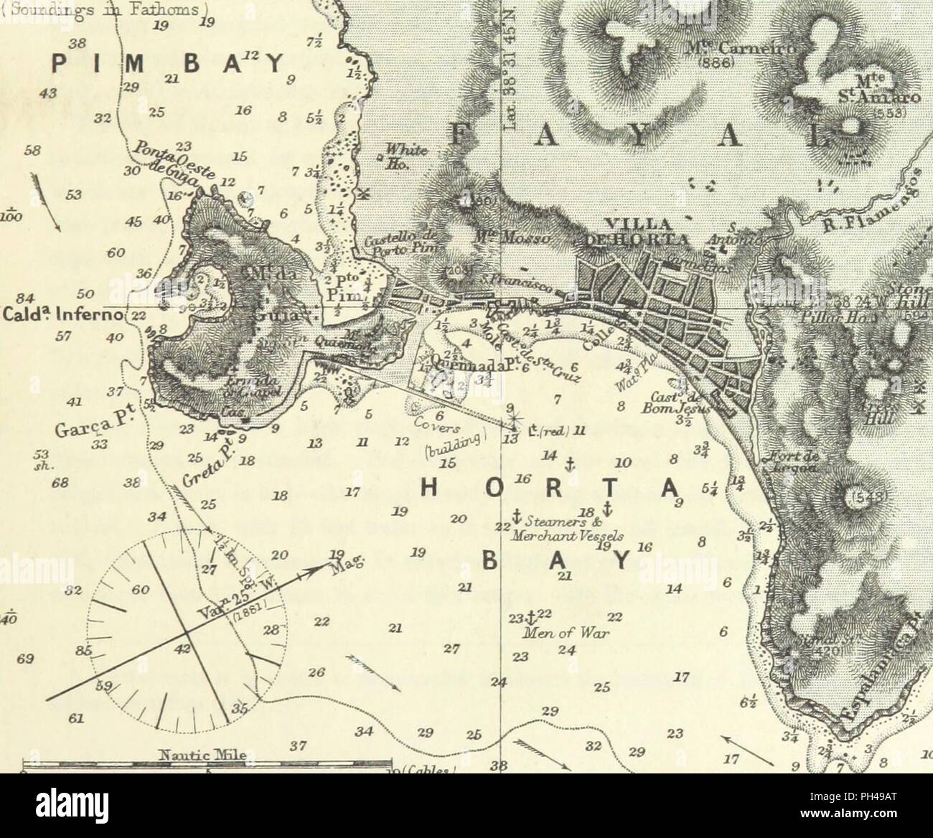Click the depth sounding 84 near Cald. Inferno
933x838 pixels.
click(26, 298)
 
